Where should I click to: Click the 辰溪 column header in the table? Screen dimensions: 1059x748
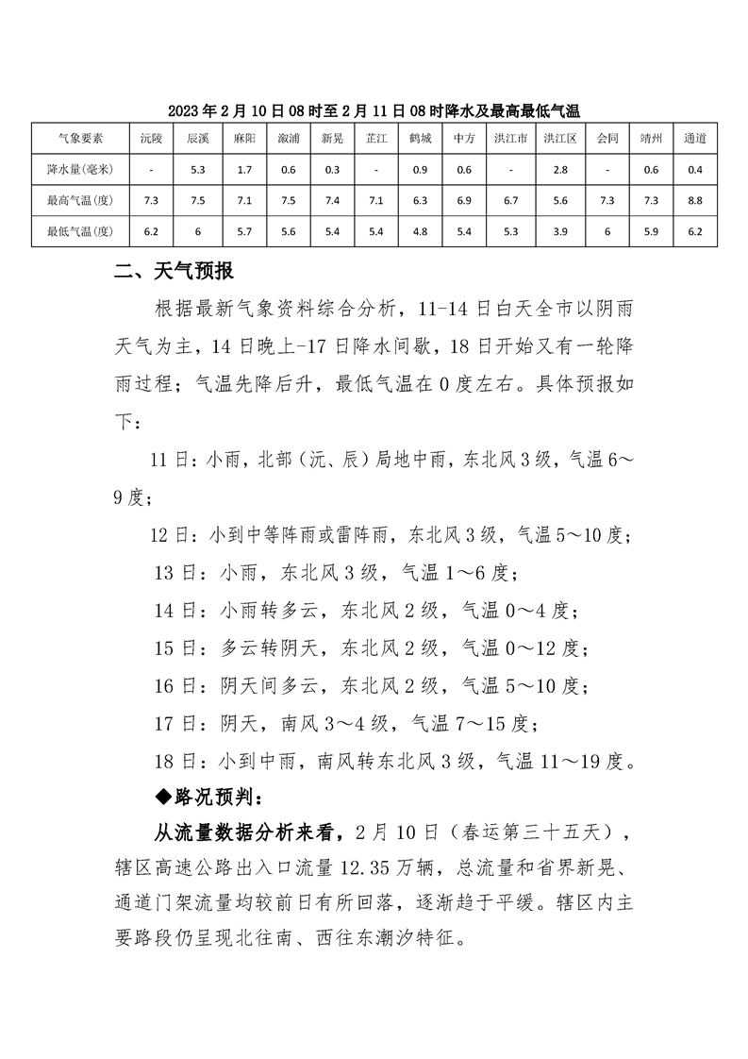coord(197,138)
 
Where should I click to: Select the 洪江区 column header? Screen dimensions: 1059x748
coord(557,138)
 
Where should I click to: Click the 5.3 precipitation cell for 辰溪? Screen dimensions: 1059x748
coord(197,169)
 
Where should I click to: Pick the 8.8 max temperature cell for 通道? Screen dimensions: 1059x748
coord(695,200)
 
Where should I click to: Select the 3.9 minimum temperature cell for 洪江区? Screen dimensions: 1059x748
coord(557,230)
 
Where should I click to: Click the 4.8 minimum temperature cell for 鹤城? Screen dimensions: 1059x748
coord(420,230)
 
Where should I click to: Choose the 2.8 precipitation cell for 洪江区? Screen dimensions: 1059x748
coord(557,169)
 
